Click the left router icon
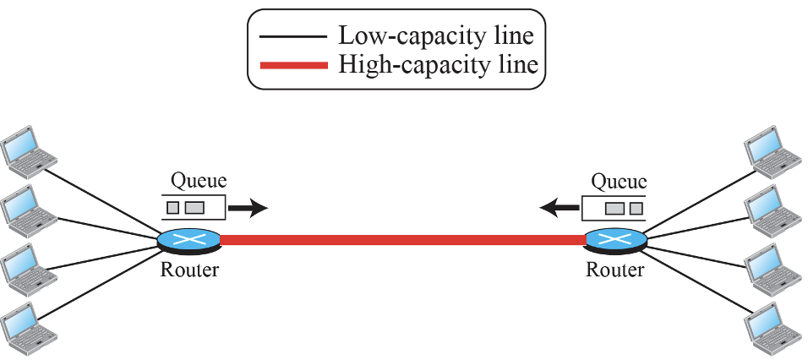(x=188, y=240)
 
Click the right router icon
(x=615, y=240)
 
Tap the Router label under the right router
(x=614, y=270)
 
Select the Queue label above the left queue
(x=199, y=180)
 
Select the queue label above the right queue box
(x=618, y=180)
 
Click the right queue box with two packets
(x=615, y=207)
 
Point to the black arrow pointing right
(x=250, y=206)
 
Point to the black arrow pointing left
(x=560, y=206)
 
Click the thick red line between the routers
(x=401, y=241)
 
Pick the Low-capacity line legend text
(x=435, y=36)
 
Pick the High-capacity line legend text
(x=437, y=64)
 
